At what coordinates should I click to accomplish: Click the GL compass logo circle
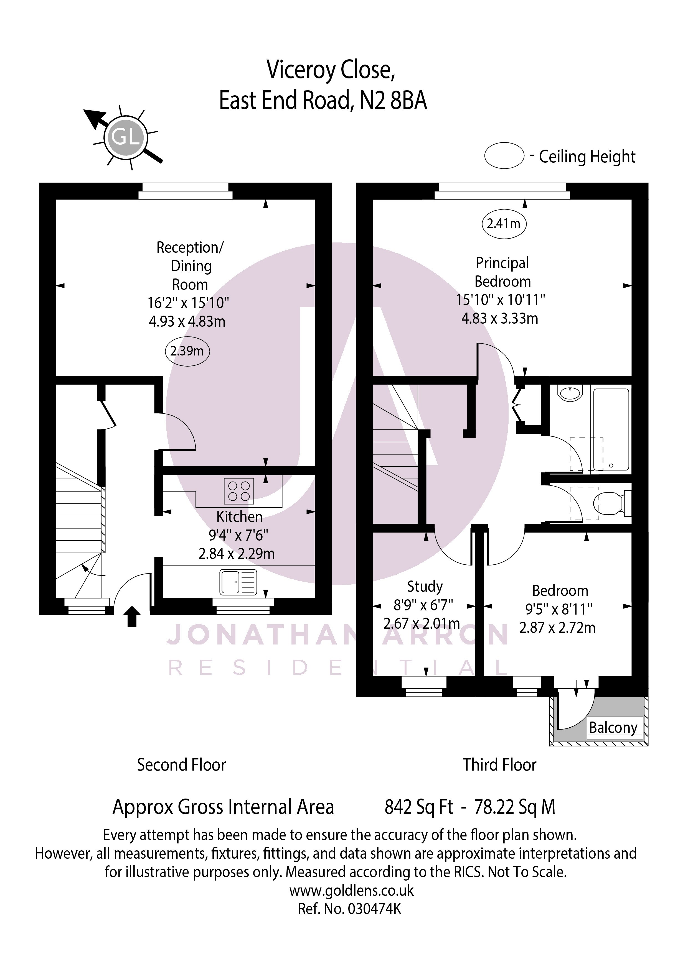125,138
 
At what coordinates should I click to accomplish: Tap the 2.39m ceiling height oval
187,351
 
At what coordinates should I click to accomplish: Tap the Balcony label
613,727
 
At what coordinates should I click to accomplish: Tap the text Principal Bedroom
502,272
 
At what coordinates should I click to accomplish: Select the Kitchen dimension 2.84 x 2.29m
236,554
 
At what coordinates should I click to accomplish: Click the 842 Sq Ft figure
418,807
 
